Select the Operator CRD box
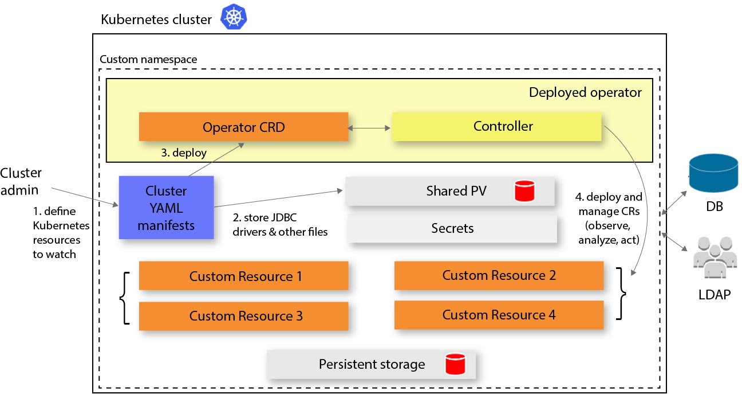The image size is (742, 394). tap(243, 127)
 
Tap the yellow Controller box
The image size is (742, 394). tap(496, 126)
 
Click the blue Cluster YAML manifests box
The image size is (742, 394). tap(166, 208)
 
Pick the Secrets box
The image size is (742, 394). tap(452, 229)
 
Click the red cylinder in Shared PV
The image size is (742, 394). tap(524, 191)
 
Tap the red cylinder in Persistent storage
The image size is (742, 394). tap(455, 364)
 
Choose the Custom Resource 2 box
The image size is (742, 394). tap(499, 276)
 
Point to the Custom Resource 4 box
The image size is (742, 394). tap(499, 315)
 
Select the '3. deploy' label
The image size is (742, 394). tap(183, 153)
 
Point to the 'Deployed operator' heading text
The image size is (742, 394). tap(585, 92)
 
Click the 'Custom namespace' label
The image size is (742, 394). tap(148, 59)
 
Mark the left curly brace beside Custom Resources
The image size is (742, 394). tap(124, 297)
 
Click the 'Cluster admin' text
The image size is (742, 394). tap(21, 181)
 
